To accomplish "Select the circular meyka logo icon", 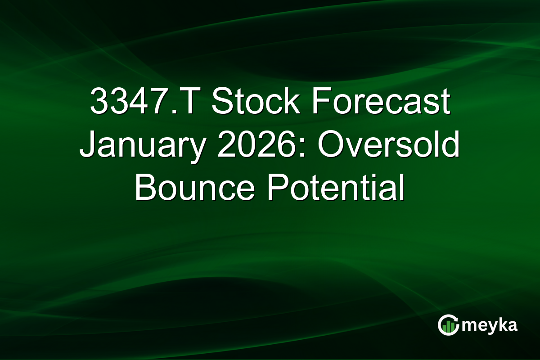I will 449,325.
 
